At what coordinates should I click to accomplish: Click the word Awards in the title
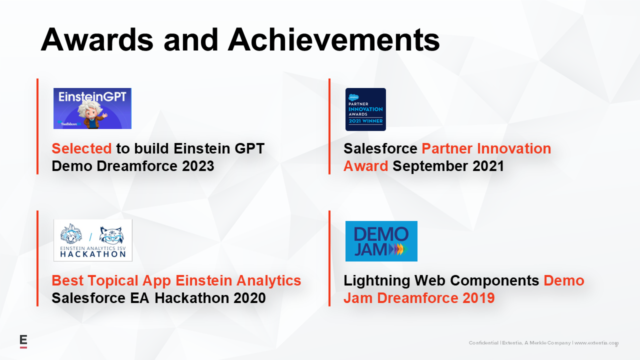pyautogui.click(x=97, y=39)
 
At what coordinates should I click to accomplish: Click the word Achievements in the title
pyautogui.click(x=333, y=39)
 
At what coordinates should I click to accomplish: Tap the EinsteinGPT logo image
pyautogui.click(x=92, y=108)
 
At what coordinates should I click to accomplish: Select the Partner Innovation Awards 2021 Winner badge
pyautogui.click(x=365, y=109)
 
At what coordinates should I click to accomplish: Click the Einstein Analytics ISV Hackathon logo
pyautogui.click(x=93, y=240)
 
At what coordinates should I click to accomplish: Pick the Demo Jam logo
pyautogui.click(x=381, y=241)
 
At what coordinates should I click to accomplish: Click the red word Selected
pyautogui.click(x=81, y=148)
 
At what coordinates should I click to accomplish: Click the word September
pyautogui.click(x=430, y=166)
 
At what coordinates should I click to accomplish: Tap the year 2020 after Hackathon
pyautogui.click(x=249, y=298)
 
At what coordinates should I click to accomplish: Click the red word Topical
pyautogui.click(x=113, y=281)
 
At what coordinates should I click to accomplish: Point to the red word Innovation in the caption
pyautogui.click(x=514, y=148)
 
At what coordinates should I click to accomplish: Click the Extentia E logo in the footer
pyautogui.click(x=23, y=341)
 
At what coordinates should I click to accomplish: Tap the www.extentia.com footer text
pyautogui.click(x=596, y=343)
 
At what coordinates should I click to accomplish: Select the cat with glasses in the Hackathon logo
pyautogui.click(x=111, y=235)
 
